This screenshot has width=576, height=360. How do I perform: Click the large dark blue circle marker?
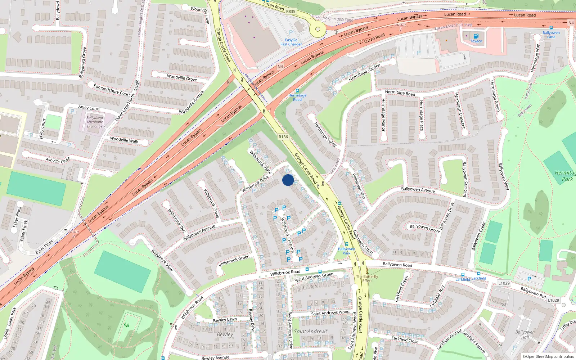pyautogui.click(x=288, y=180)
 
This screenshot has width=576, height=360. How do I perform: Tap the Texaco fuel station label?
pyautogui.click(x=476, y=41)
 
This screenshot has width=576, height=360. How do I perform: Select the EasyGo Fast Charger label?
pyautogui.click(x=291, y=42)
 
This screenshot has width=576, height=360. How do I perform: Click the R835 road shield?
pyautogui.click(x=291, y=12)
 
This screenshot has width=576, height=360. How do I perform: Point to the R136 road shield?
pyautogui.click(x=283, y=137)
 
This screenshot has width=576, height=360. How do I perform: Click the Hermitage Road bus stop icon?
pyautogui.click(x=297, y=91)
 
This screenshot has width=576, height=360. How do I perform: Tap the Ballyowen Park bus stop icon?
pyautogui.click(x=346, y=244)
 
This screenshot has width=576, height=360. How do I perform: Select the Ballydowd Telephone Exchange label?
pyautogui.click(x=95, y=122)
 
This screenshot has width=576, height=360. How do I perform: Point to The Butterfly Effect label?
pyautogui.click(x=367, y=279)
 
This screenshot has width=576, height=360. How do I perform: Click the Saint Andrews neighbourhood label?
pyautogui.click(x=311, y=331)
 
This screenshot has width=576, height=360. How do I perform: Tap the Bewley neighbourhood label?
pyautogui.click(x=225, y=334)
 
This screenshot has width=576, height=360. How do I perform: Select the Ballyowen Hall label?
pyautogui.click(x=525, y=334)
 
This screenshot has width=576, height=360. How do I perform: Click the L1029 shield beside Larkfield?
pyautogui.click(x=504, y=283)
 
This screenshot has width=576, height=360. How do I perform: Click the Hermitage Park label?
pyautogui.click(x=565, y=176)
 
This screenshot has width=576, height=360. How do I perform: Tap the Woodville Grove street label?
pyautogui.click(x=182, y=77)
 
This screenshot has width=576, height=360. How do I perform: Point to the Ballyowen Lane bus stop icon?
pyautogui.click(x=551, y=28)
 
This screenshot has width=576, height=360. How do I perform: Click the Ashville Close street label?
pyautogui.click(x=58, y=160)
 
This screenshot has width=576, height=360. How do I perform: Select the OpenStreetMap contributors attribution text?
pyautogui.click(x=548, y=356)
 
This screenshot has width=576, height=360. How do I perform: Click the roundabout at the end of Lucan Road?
pyautogui.click(x=318, y=30)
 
